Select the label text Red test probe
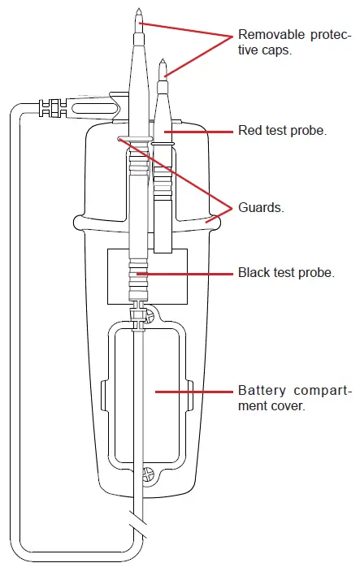pyautogui.click(x=282, y=131)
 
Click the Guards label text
pyautogui.click(x=260, y=207)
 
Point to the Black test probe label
pyautogui.click(x=285, y=273)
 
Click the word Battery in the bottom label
pyautogui.click(x=259, y=389)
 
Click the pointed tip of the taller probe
pyautogui.click(x=139, y=11)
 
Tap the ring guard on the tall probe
pyautogui.click(x=135, y=139)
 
